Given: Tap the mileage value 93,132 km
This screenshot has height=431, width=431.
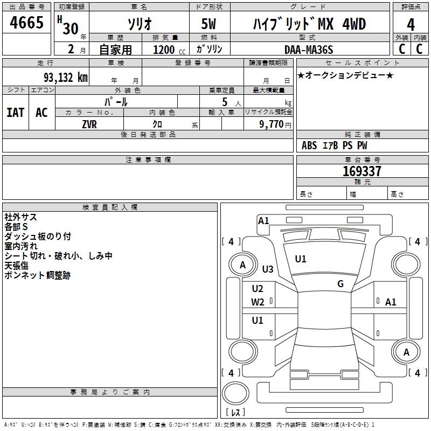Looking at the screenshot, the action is pyautogui.click(x=65, y=77).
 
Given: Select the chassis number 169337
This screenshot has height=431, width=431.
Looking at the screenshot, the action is pyautogui.click(x=362, y=171).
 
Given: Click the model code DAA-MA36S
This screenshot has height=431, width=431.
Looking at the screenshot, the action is pyautogui.click(x=309, y=50).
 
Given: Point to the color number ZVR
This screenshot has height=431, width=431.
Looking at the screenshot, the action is pyautogui.click(x=89, y=124).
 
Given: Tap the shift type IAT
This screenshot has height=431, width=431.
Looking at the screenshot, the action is pyautogui.click(x=15, y=112).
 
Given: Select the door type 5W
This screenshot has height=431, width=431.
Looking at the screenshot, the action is pyautogui.click(x=210, y=25).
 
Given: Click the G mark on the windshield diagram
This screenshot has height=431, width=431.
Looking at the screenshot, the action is pyautogui.click(x=340, y=284).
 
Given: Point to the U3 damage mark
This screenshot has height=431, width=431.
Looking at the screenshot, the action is pyautogui.click(x=268, y=269).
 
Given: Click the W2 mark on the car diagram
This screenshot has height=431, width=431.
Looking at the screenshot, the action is pyautogui.click(x=258, y=302).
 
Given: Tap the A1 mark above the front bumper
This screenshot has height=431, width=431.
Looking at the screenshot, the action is pyautogui.click(x=263, y=220).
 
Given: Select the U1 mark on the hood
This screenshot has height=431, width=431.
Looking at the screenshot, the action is pyautogui.click(x=301, y=259).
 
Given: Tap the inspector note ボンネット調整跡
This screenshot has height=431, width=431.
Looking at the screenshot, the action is pyautogui.click(x=37, y=275).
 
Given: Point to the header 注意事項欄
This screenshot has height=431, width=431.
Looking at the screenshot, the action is pyautogui.click(x=148, y=160).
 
